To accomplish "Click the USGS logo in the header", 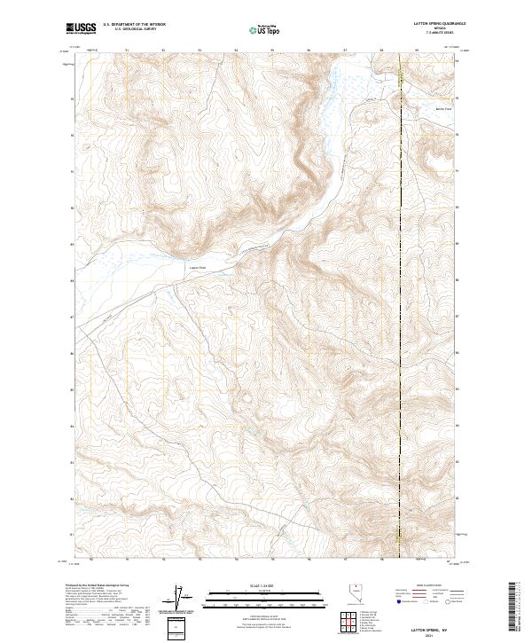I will click(x=82, y=28).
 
